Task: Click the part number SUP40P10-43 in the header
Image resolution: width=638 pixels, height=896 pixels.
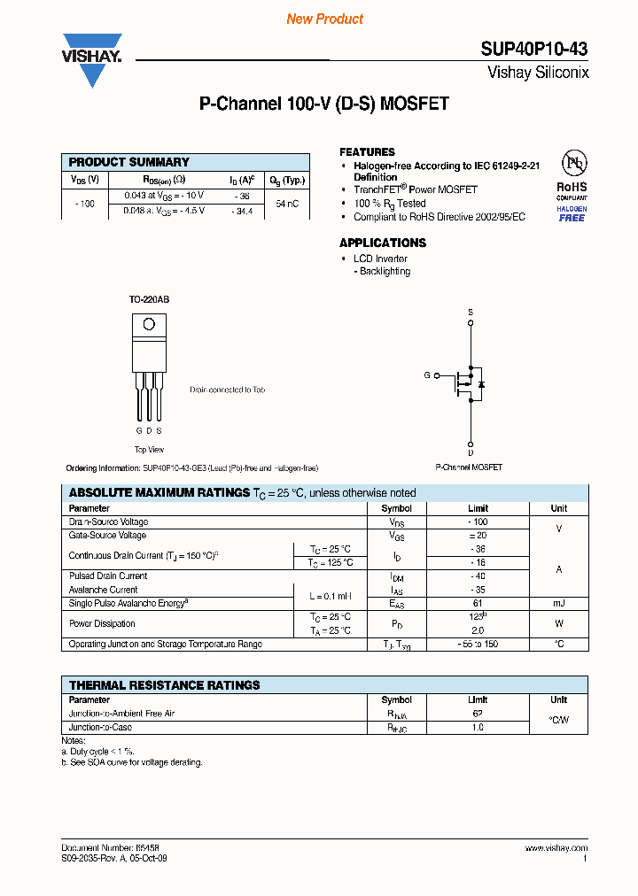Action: click(x=535, y=50)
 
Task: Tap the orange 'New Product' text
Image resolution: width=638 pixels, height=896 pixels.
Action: click(x=324, y=19)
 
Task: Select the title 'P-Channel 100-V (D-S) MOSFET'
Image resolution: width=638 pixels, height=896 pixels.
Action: click(x=324, y=104)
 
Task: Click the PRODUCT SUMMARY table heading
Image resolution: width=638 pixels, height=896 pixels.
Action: click(x=129, y=162)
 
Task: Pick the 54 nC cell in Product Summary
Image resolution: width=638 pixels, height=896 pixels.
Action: click(x=286, y=203)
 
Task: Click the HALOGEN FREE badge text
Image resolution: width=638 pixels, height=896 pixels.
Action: click(x=572, y=213)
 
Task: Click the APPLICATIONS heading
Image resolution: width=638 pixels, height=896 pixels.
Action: click(x=383, y=243)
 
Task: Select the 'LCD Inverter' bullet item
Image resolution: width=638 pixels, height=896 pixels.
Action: click(x=380, y=259)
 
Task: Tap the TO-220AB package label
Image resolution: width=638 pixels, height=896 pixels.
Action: click(x=149, y=300)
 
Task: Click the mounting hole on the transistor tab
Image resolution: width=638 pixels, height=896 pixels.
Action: click(x=149, y=324)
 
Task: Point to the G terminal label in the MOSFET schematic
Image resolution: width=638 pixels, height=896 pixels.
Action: click(x=426, y=375)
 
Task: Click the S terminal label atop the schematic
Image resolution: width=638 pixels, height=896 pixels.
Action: click(x=471, y=313)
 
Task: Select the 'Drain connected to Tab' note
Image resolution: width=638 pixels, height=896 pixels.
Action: click(x=227, y=390)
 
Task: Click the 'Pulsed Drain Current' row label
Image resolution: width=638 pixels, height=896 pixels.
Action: click(x=108, y=576)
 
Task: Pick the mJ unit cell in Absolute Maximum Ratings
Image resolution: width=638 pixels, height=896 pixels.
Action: click(x=558, y=603)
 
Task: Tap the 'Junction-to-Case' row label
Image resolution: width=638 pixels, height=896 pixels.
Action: click(x=101, y=727)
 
